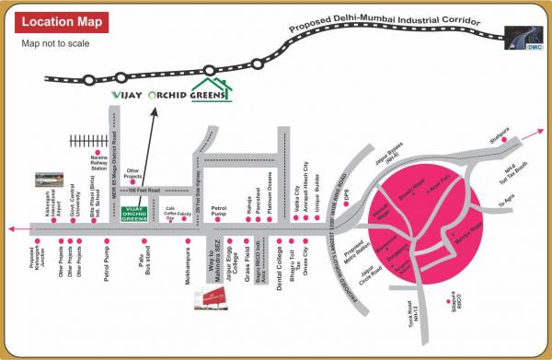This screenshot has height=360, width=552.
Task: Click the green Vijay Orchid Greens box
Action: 135,214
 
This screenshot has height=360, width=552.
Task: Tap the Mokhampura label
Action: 188,263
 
